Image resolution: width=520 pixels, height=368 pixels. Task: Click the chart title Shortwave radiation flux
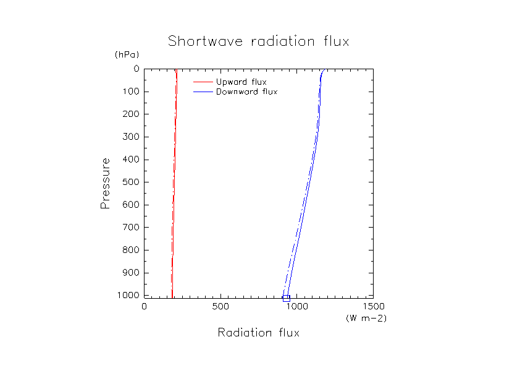(x=259, y=42)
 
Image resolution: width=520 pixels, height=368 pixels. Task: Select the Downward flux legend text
(x=246, y=92)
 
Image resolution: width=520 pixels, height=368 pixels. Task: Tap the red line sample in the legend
(x=203, y=82)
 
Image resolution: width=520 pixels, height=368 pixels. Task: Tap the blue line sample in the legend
(x=203, y=92)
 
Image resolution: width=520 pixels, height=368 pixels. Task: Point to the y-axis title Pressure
(x=105, y=183)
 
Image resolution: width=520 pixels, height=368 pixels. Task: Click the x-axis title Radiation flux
(x=258, y=333)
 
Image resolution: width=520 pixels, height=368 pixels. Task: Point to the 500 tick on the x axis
(x=220, y=306)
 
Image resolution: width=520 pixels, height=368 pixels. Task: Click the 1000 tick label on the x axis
(x=296, y=306)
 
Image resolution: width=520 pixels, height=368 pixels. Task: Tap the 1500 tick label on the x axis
(x=372, y=306)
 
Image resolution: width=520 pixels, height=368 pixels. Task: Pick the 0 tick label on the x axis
(x=145, y=306)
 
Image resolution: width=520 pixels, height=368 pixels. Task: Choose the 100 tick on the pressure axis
(x=130, y=92)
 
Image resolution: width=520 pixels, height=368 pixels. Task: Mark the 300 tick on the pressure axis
(x=130, y=137)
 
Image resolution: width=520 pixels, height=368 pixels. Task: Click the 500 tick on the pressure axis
(x=130, y=182)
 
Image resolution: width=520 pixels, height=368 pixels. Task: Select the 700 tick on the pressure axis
(x=130, y=227)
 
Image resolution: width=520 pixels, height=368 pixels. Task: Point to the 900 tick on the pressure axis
(x=130, y=273)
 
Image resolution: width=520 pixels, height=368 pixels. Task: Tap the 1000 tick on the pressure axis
(x=128, y=295)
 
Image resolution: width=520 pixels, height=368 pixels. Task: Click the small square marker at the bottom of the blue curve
(x=286, y=298)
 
